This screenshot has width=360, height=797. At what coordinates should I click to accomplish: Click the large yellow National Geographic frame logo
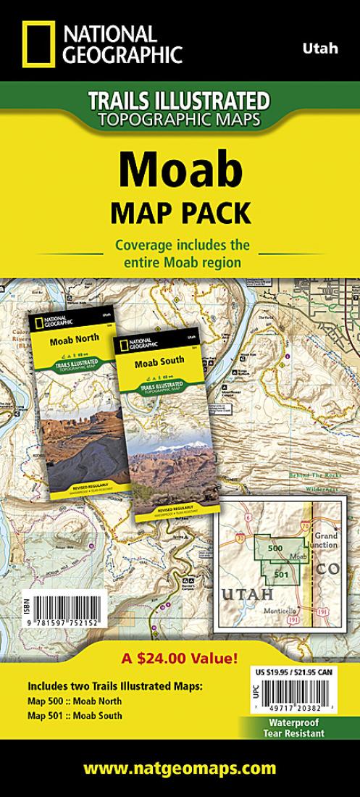(x=37, y=44)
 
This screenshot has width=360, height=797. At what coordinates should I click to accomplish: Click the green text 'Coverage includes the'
(x=180, y=246)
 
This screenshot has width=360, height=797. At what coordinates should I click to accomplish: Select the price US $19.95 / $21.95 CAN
(x=295, y=672)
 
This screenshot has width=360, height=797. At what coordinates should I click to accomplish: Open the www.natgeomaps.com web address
(x=180, y=768)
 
